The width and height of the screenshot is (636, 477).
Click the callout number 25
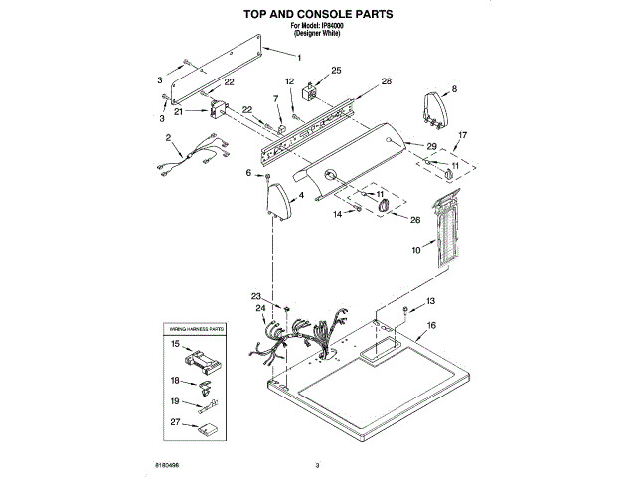pyautogui.click(x=336, y=71)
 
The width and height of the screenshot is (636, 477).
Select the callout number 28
pyautogui.click(x=387, y=81)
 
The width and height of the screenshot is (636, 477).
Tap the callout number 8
pyautogui.click(x=455, y=89)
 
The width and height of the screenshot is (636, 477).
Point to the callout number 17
pyautogui.click(x=461, y=135)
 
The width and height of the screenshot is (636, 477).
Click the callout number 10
pyautogui.click(x=416, y=252)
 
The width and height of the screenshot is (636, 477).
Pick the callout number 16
pyautogui.click(x=431, y=325)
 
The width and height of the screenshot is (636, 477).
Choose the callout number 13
pyautogui.click(x=430, y=301)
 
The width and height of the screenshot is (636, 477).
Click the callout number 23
pyautogui.click(x=255, y=296)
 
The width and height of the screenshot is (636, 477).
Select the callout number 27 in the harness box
pyautogui.click(x=175, y=422)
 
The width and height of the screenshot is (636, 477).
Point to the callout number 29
pyautogui.click(x=431, y=146)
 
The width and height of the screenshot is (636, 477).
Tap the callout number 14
pyautogui.click(x=337, y=213)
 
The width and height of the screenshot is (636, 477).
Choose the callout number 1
pyautogui.click(x=299, y=57)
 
